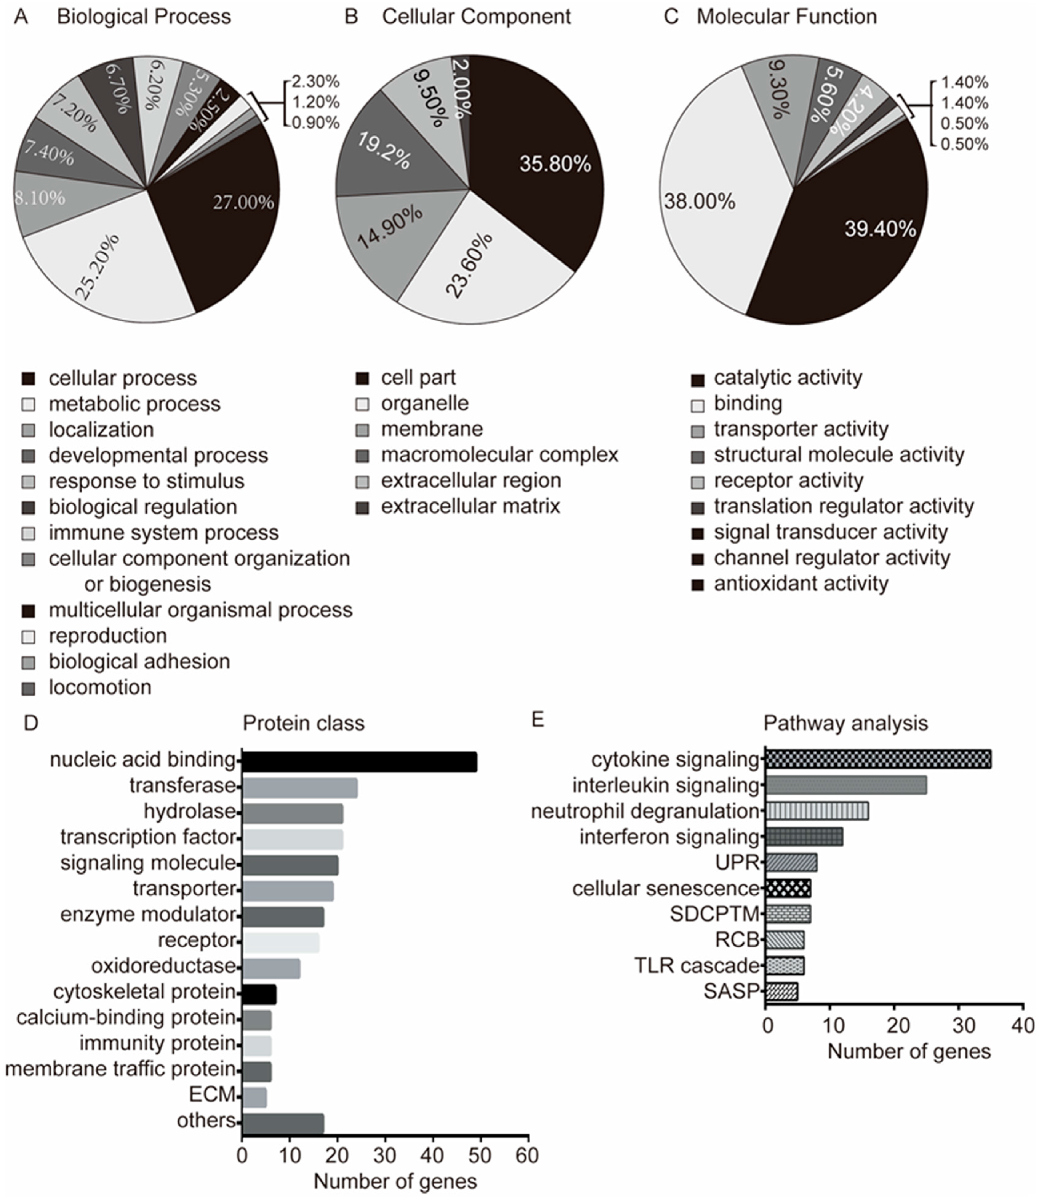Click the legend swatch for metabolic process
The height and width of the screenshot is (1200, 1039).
[x=28, y=405]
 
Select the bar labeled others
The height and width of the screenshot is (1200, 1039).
[x=282, y=1123]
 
